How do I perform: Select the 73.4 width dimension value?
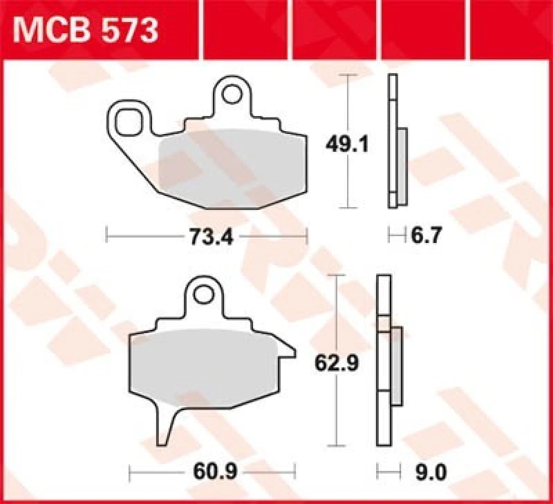click(x=206, y=237)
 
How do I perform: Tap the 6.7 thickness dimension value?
click(x=424, y=237)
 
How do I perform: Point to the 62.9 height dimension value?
click(x=337, y=362)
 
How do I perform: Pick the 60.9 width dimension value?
click(x=213, y=472)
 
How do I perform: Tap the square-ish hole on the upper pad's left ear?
click(x=128, y=122)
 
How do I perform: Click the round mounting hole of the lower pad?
click(x=203, y=294)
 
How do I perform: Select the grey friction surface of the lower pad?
click(x=207, y=366)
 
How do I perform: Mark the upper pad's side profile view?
click(x=395, y=142)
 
